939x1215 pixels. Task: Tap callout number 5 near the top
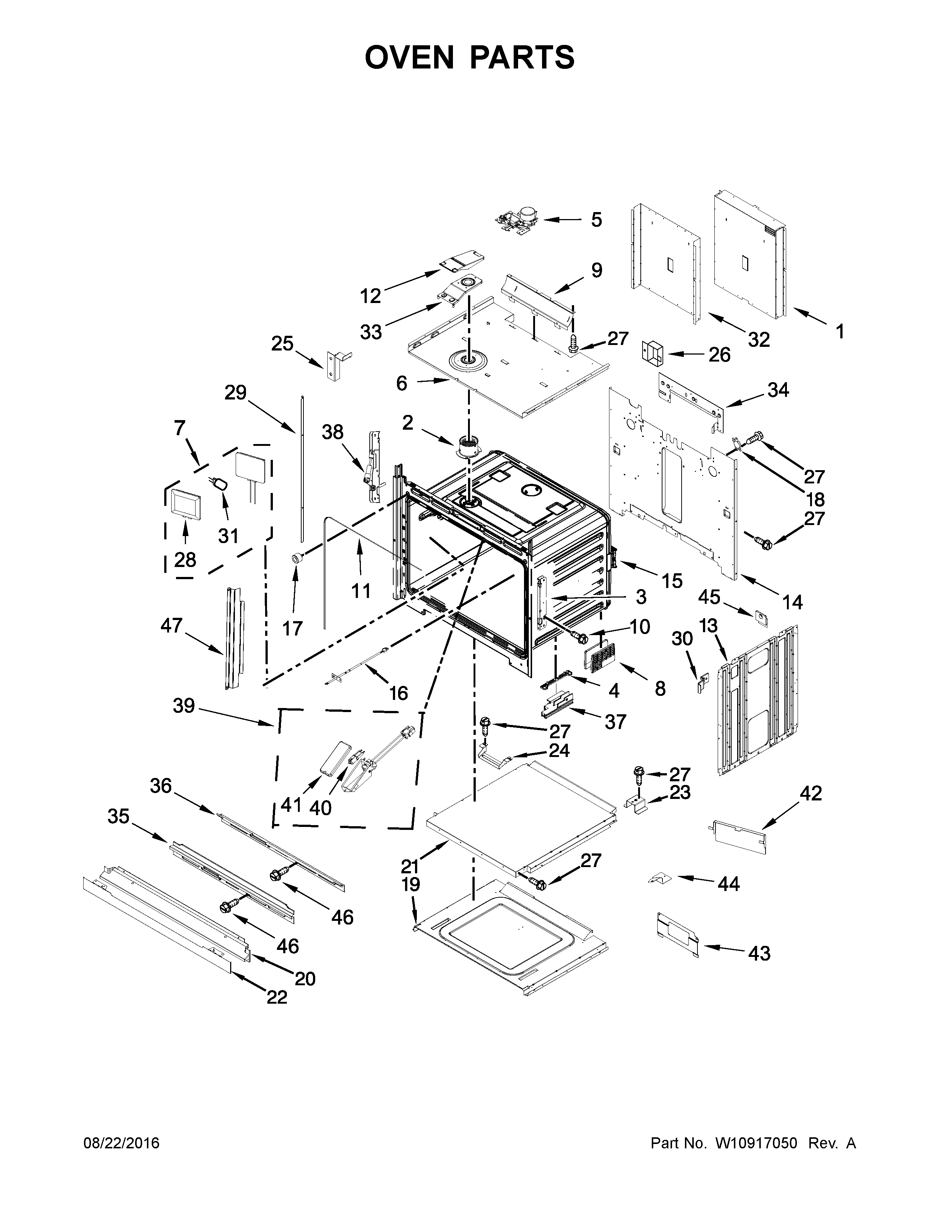click(x=596, y=220)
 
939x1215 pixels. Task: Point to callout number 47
click(x=171, y=625)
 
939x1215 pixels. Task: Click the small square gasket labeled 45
click(x=759, y=616)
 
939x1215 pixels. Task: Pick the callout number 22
click(x=277, y=997)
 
